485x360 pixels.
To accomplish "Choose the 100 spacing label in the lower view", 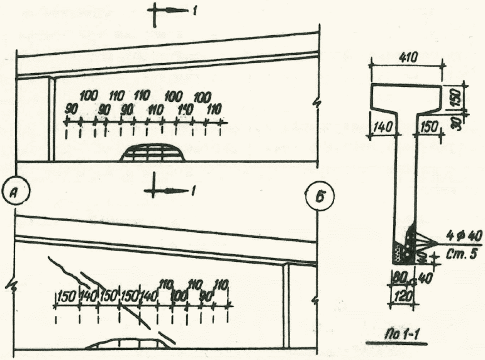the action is click(179, 294).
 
